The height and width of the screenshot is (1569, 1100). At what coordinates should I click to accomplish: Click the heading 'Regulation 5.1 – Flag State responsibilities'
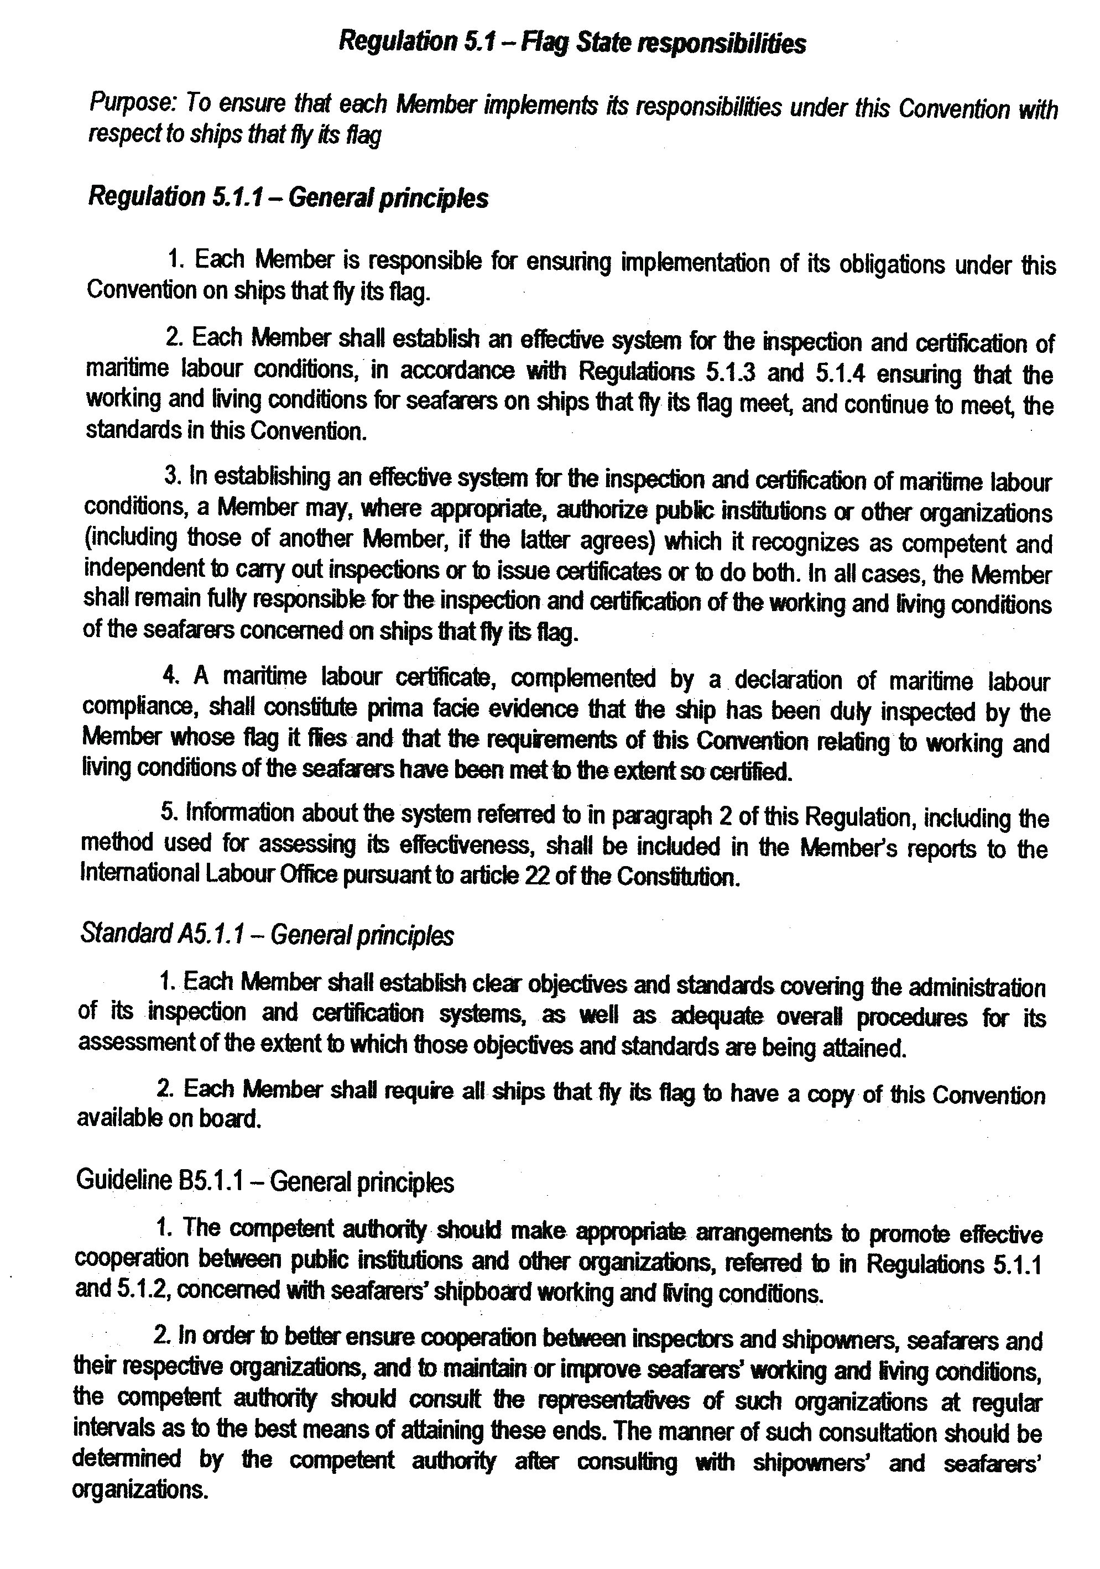pos(572,43)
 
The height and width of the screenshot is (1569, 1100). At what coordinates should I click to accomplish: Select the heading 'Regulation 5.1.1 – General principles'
pos(288,197)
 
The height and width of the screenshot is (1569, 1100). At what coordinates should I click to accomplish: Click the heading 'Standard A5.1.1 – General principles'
pos(267,935)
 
